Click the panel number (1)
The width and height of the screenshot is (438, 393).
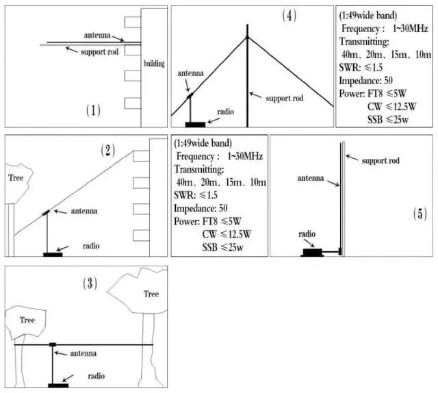coord(93,110)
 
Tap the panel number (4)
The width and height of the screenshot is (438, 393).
coord(289,15)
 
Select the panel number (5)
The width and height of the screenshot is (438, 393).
coord(420,214)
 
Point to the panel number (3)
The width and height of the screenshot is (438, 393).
coord(90,283)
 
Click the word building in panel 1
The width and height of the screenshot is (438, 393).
coord(154,64)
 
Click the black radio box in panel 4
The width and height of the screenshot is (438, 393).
coord(195,125)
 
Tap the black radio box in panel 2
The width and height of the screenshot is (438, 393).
coord(53,255)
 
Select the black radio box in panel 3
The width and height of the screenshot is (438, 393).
coord(58,385)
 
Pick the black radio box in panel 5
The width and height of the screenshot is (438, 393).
coord(312,253)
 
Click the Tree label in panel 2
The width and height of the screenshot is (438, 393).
coord(16,178)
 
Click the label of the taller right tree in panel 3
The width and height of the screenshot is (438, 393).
coord(151,294)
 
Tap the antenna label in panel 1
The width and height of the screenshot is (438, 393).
coord(97,36)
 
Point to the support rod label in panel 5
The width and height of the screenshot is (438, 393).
coord(381,161)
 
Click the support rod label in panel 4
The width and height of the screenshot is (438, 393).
coord(285,99)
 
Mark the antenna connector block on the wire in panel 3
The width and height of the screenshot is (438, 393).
coord(53,344)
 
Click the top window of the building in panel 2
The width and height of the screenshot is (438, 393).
coord(141,156)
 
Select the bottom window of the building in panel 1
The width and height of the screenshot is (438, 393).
coord(132,103)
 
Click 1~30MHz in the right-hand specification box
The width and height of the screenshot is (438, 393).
coord(410,29)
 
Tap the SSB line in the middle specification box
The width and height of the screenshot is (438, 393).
coord(222,247)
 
